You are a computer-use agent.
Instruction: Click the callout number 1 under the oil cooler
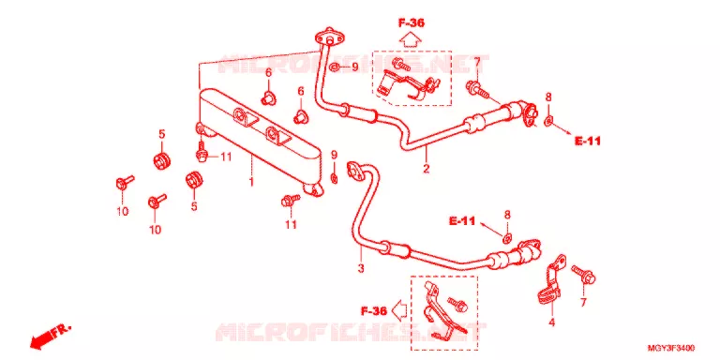tap(251, 182)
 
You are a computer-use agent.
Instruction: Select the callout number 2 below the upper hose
tap(427, 169)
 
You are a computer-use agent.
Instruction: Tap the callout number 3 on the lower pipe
tap(361, 267)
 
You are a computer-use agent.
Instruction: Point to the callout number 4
tap(551, 322)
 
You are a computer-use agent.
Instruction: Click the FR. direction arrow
tap(50, 336)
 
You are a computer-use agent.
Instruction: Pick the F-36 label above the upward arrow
tap(411, 22)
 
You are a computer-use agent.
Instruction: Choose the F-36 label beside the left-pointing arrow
tap(373, 311)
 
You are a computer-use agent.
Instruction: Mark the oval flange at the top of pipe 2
tap(330, 37)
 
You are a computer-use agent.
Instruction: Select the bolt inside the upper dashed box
tap(401, 65)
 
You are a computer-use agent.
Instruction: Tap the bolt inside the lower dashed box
tap(457, 302)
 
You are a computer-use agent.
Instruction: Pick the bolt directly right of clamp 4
tap(583, 274)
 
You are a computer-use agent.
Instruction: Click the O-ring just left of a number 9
tap(335, 67)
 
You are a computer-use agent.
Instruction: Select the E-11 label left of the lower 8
tap(462, 221)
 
